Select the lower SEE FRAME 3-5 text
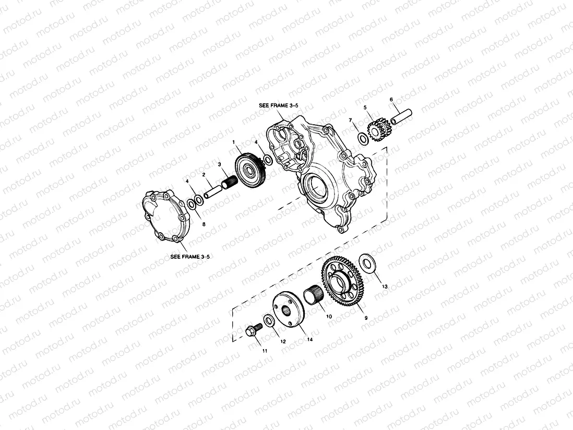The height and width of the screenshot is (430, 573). (189, 257)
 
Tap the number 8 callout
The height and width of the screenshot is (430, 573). (204, 224)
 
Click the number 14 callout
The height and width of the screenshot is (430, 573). (310, 340)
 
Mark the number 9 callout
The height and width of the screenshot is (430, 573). (366, 317)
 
